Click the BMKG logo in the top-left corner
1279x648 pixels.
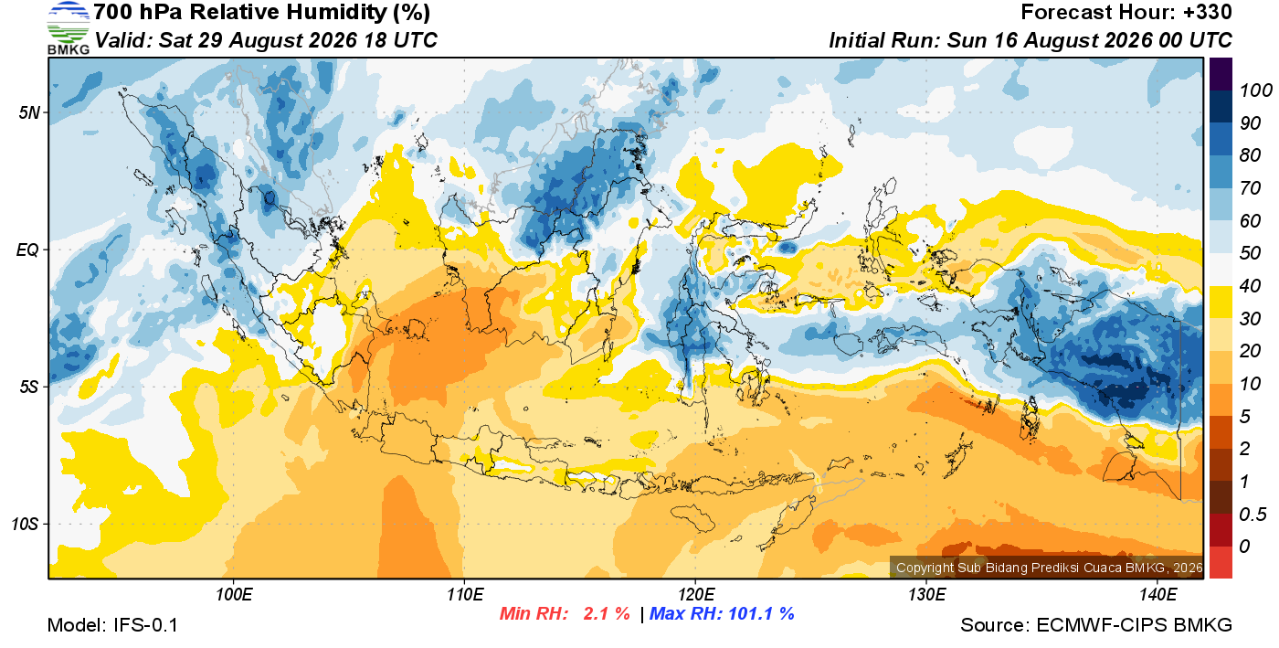pos(68,28)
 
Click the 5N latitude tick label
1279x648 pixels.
pos(29,112)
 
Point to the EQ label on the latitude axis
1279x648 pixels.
pos(28,250)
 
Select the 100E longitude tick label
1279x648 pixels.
pos(234,594)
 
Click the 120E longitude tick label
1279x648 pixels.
pos(696,594)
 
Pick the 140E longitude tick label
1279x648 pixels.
pos(1157,594)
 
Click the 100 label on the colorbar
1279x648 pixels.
pos(1255,90)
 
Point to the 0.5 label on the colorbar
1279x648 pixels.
pos(1253,515)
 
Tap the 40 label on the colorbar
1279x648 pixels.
pos(1250,286)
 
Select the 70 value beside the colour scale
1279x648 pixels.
pos(1250,188)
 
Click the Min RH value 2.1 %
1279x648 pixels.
pos(607,613)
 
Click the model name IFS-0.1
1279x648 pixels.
pos(145,625)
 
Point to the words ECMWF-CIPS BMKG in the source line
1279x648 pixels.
pos(1134,625)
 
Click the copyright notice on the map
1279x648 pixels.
pos(1049,568)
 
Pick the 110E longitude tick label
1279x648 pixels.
pos(465,594)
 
